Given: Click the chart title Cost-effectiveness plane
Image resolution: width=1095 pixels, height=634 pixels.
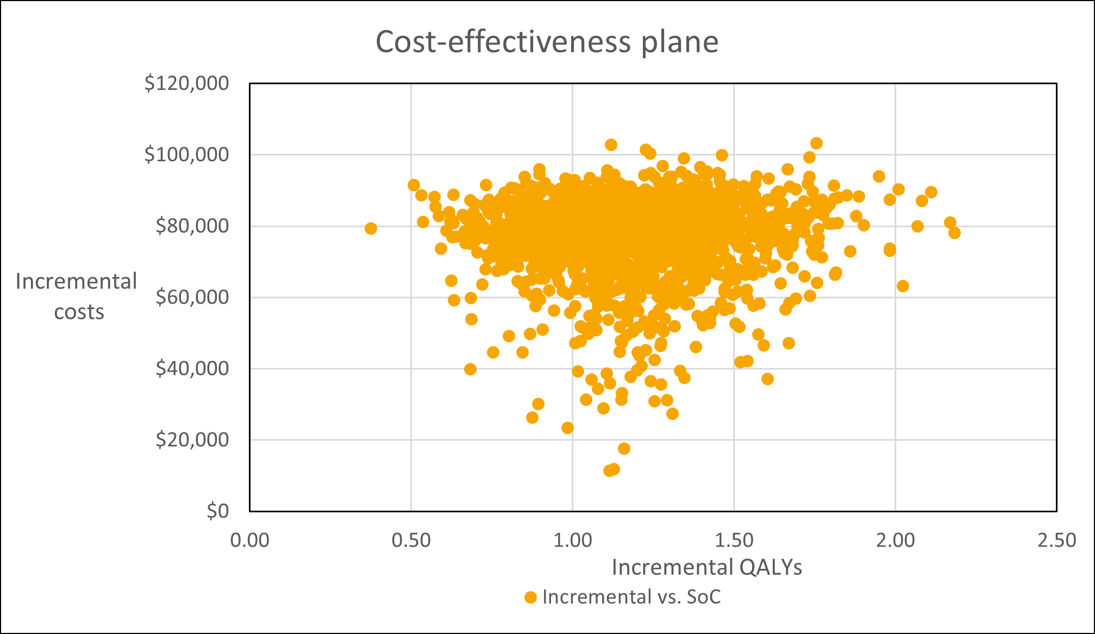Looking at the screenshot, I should pos(547,42).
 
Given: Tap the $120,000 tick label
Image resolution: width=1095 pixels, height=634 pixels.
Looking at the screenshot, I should pos(186,84).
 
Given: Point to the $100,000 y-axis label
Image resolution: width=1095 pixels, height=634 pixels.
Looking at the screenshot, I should pos(186,155).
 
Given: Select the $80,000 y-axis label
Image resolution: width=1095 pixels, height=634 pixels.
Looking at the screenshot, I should pos(192,226).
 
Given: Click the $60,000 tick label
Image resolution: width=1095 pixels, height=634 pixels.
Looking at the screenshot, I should pos(192,297).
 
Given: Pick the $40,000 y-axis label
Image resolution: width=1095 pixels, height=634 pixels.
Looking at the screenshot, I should pos(192,368).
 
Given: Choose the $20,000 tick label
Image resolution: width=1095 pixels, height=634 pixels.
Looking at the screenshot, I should pos(192,440).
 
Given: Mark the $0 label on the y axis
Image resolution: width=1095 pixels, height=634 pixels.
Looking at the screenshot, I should pos(217,511).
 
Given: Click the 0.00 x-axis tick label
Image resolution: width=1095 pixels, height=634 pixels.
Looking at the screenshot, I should pos(249,541).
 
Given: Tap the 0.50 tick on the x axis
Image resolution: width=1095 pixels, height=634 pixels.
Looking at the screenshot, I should pos(411,541).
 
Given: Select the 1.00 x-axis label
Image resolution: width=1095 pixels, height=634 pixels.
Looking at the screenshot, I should pos(572,541).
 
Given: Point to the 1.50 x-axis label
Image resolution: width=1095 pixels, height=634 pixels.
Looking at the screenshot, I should pos(734,541).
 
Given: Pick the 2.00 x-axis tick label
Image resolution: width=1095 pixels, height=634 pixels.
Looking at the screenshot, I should pos(895,541).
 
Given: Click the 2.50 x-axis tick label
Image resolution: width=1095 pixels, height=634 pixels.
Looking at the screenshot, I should pos(1056,541).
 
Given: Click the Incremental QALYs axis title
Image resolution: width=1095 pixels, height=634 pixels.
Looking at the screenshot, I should pos(706,567).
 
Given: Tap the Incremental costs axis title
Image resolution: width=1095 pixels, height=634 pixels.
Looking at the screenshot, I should pos(77,297).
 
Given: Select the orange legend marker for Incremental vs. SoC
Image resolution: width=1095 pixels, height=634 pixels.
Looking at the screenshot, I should pos(530,598).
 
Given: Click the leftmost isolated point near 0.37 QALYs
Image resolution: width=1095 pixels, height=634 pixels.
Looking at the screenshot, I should pos(371,228).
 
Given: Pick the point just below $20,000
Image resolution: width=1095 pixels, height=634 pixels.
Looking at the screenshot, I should pos(624,448).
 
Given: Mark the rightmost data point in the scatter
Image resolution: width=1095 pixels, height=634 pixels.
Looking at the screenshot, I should pos(954,233).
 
